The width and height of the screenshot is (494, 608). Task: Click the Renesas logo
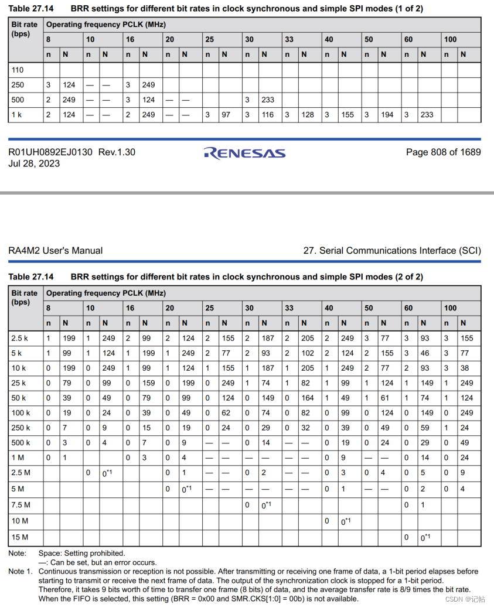click(x=244, y=153)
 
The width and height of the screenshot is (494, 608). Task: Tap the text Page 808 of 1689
click(x=443, y=152)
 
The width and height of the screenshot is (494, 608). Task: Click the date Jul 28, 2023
click(x=33, y=163)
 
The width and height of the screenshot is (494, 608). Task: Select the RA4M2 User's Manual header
click(x=55, y=251)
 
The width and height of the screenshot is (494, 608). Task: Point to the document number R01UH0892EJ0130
click(x=50, y=152)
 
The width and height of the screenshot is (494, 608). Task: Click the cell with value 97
click(x=226, y=115)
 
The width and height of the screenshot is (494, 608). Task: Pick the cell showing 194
click(x=387, y=115)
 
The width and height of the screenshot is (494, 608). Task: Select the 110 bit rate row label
click(x=18, y=70)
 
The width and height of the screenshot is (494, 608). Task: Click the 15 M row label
click(x=19, y=537)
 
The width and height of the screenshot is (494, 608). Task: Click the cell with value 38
click(x=465, y=368)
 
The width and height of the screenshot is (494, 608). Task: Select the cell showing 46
click(x=425, y=353)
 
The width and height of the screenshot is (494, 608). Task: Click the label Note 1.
click(x=21, y=571)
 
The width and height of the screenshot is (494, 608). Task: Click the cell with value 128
click(x=308, y=115)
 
